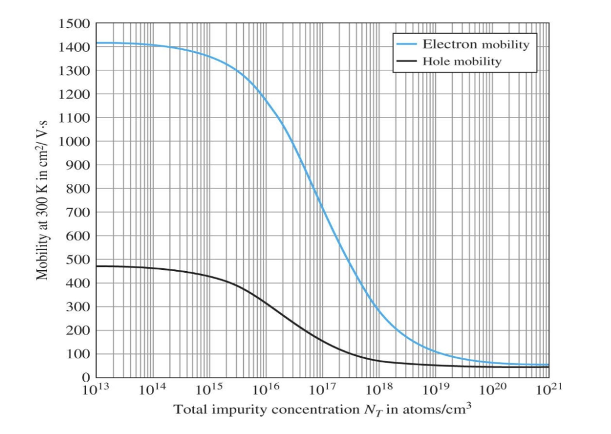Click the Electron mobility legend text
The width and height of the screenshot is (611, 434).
[x=475, y=45]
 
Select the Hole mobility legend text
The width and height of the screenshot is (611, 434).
[x=461, y=61]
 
